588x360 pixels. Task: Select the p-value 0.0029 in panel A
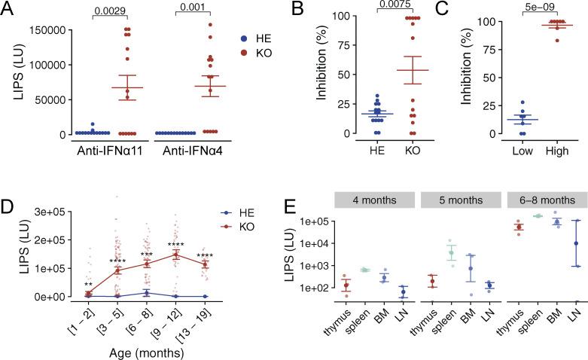pos(91,13)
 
